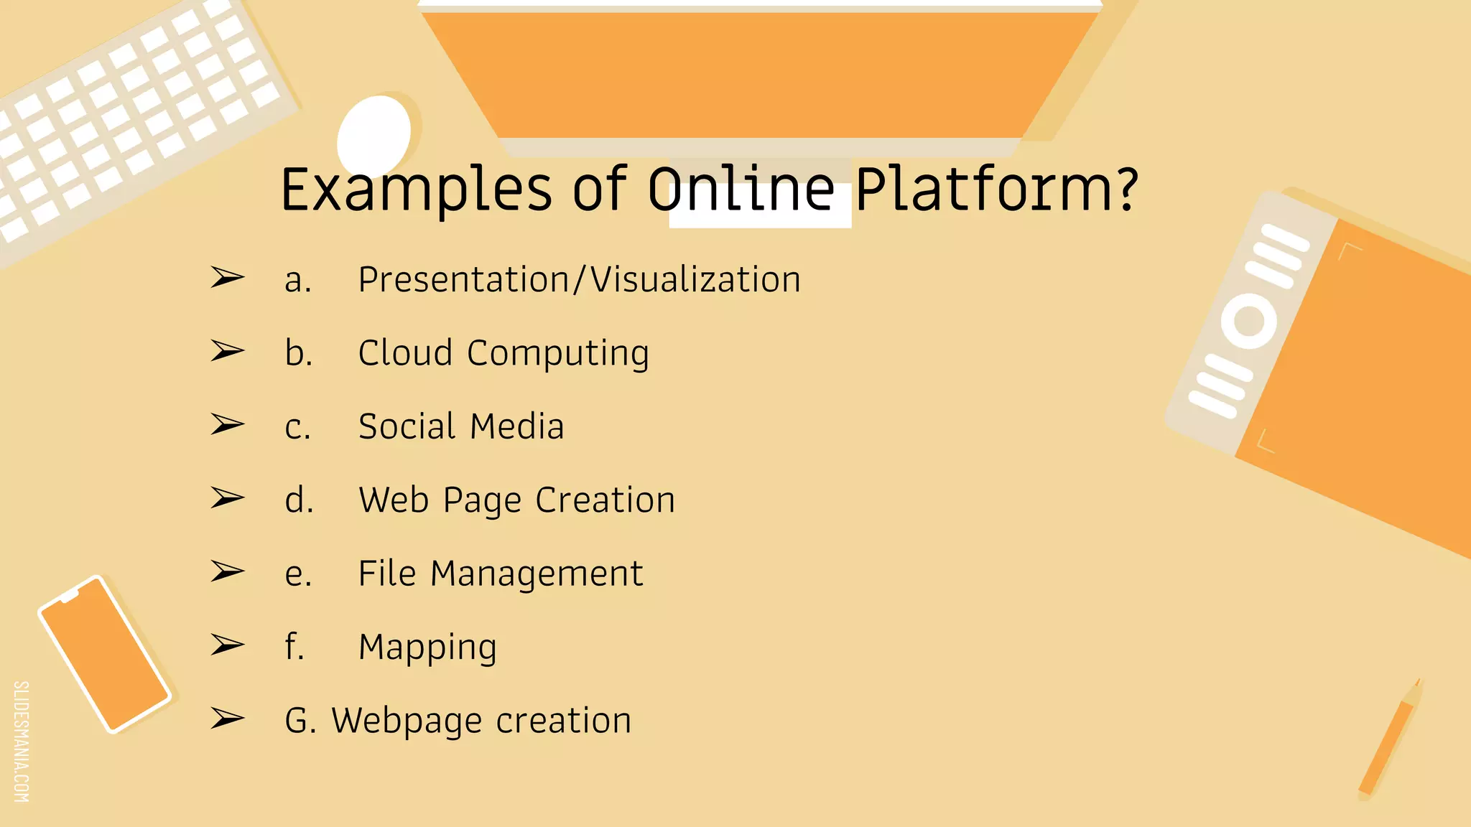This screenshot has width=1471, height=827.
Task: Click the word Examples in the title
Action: pyautogui.click(x=417, y=190)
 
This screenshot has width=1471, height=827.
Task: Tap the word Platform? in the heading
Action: pyautogui.click(x=996, y=190)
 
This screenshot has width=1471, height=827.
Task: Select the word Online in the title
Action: pyautogui.click(x=741, y=190)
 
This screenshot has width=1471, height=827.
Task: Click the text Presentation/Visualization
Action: pyautogui.click(x=579, y=279)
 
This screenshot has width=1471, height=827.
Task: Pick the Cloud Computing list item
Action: pyautogui.click(x=504, y=353)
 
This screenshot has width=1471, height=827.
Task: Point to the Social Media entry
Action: pyautogui.click(x=461, y=426)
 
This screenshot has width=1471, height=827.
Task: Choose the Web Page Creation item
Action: pyautogui.click(x=516, y=500)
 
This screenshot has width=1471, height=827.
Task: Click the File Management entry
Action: pyautogui.click(x=501, y=574)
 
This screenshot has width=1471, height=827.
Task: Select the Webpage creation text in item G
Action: pyautogui.click(x=481, y=721)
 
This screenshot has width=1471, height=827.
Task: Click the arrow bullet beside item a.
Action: pyautogui.click(x=227, y=277)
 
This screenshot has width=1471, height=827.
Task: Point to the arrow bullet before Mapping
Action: pyautogui.click(x=227, y=645)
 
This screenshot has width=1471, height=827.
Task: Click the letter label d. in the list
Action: pyautogui.click(x=299, y=500)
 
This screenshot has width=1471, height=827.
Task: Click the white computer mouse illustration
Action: pyautogui.click(x=373, y=133)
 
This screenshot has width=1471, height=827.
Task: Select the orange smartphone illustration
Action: pyautogui.click(x=105, y=654)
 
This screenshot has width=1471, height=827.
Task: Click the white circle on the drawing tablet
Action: pyautogui.click(x=1249, y=321)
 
